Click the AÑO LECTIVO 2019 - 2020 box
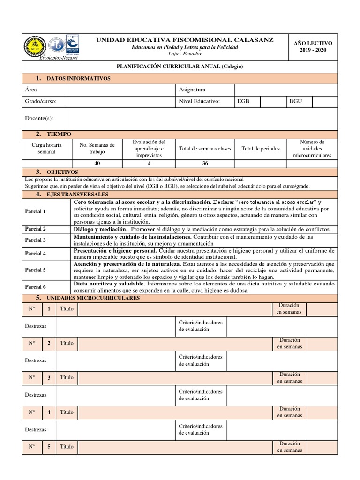pyautogui.click(x=314, y=46)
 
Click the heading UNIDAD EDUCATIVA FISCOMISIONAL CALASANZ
pyautogui.click(x=185, y=40)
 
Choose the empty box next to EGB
pyautogui.click(x=273, y=101)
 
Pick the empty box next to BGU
pyautogui.click(x=324, y=101)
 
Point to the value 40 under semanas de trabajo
pyautogui.click(x=97, y=164)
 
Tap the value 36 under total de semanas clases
pyautogui.click(x=205, y=164)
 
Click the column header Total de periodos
pyautogui.click(x=260, y=149)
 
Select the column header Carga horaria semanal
pyautogui.click(x=46, y=149)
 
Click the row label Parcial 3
pyautogui.click(x=35, y=240)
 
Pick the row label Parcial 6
pyautogui.click(x=35, y=287)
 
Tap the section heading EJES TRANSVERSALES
pyautogui.click(x=77, y=194)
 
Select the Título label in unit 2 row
pyautogui.click(x=67, y=343)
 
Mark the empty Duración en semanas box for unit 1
pyautogui.click(x=322, y=309)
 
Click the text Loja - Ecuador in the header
pyautogui.click(x=184, y=54)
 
